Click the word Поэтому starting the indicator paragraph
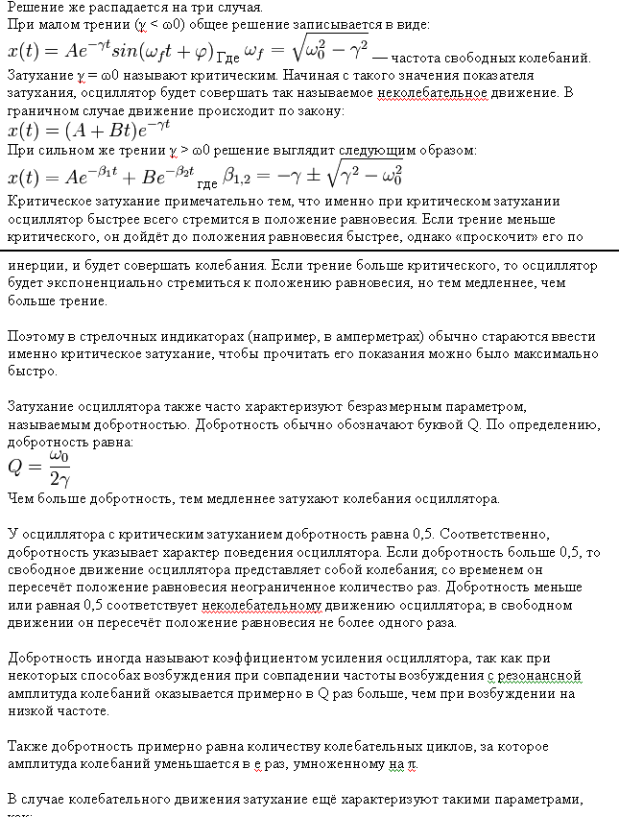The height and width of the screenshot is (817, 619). (x=38, y=338)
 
